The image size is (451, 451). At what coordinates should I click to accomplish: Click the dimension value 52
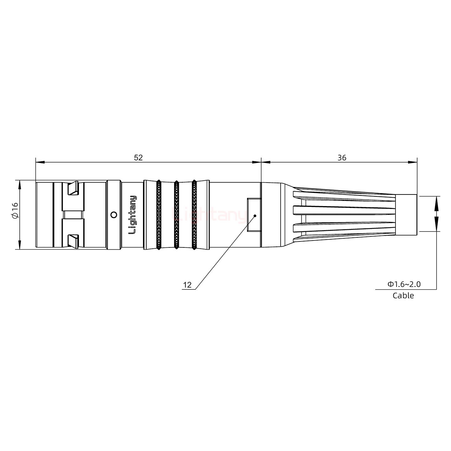click(x=138, y=158)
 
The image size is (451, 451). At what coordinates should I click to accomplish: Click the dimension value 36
click(x=342, y=158)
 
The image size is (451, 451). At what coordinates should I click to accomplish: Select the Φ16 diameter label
click(x=15, y=210)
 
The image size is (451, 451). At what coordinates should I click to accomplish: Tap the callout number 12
click(x=187, y=285)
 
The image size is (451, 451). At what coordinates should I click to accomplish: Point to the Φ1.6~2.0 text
click(x=404, y=284)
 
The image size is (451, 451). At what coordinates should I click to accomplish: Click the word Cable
click(x=403, y=295)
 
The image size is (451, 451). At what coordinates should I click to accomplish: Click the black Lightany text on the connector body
click(x=133, y=215)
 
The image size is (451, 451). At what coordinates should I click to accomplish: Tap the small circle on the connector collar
click(x=114, y=215)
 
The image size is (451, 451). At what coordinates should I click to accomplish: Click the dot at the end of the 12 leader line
click(x=255, y=216)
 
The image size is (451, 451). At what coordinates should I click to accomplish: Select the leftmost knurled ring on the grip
click(x=158, y=215)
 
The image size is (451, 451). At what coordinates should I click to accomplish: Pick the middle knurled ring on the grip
click(x=176, y=215)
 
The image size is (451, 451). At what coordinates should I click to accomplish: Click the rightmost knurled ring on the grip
click(x=194, y=215)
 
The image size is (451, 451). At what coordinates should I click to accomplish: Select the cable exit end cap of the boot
click(x=406, y=215)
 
